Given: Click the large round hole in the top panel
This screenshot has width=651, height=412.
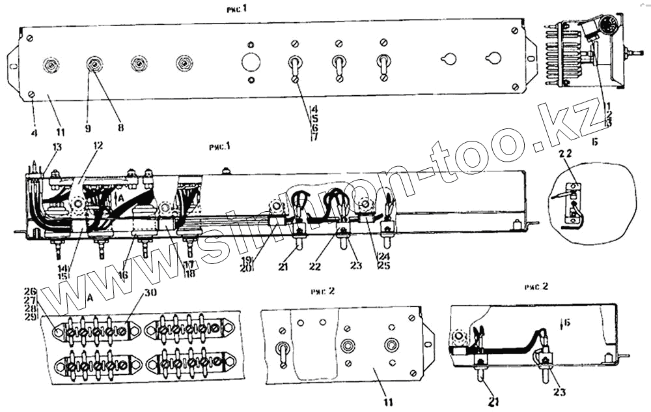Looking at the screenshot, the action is (251, 63).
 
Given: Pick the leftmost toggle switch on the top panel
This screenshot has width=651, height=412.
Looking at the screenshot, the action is (295, 66).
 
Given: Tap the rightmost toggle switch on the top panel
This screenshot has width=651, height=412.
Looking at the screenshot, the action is (383, 66).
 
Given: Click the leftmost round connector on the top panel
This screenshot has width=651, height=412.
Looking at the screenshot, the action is (50, 64).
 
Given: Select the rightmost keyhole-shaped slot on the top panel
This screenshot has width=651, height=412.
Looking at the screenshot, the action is (492, 59).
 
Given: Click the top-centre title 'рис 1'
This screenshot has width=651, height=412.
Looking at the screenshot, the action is (236, 8).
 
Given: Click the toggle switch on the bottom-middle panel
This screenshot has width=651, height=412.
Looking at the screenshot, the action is (284, 349).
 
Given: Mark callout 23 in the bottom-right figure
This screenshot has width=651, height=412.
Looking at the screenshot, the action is (559, 392).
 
